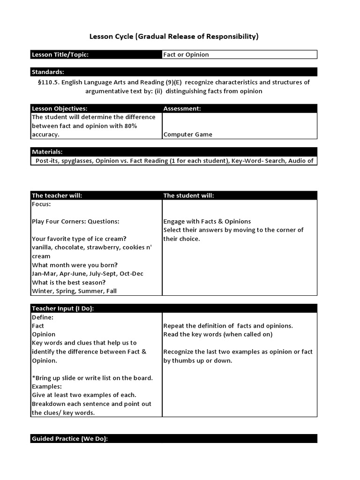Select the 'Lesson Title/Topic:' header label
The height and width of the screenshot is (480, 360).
click(x=60, y=55)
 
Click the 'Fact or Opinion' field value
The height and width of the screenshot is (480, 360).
click(x=186, y=55)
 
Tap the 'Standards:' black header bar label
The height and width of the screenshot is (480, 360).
click(x=48, y=72)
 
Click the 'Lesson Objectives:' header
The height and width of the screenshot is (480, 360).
click(x=60, y=109)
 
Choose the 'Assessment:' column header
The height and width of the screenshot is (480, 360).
click(x=182, y=109)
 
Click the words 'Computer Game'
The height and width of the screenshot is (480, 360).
click(x=187, y=135)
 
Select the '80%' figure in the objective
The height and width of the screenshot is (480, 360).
click(x=131, y=126)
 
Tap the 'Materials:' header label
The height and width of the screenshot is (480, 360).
click(x=47, y=152)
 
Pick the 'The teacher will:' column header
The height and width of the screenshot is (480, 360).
click(x=57, y=195)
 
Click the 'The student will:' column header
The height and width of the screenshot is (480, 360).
click(x=188, y=195)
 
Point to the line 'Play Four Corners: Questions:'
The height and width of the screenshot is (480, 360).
click(x=75, y=222)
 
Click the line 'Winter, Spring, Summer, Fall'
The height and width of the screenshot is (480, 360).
click(x=74, y=291)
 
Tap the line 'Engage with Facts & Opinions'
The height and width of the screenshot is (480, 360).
click(x=207, y=222)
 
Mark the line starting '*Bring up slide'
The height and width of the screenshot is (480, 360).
click(x=92, y=378)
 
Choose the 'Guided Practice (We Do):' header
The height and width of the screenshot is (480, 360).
click(x=70, y=439)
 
